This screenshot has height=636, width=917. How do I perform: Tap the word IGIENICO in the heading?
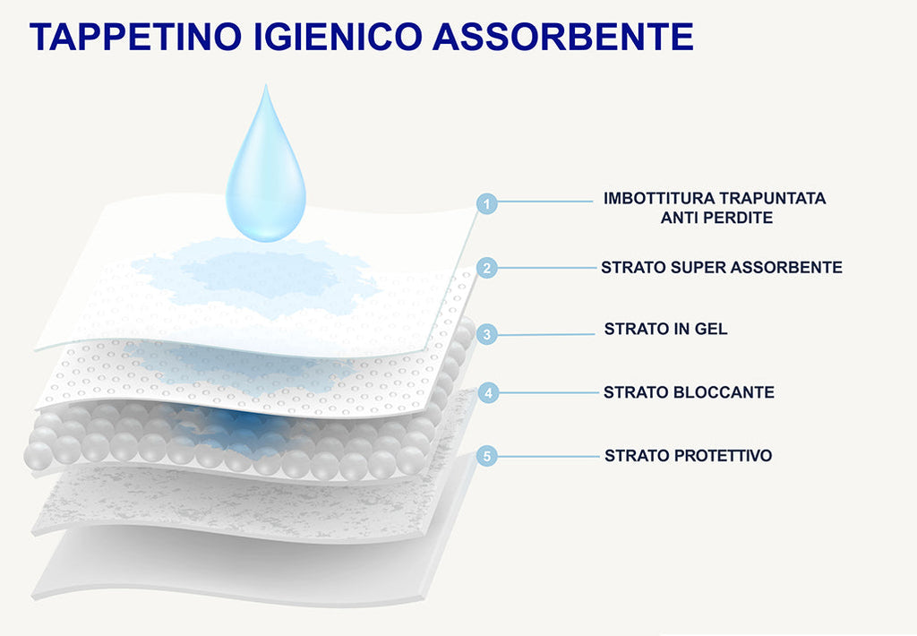pos(338,36)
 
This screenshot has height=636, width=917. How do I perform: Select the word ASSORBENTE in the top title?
pos(563,36)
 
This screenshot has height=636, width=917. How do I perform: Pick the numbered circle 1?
pos(486,204)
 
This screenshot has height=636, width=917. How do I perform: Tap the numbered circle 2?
pos(486,269)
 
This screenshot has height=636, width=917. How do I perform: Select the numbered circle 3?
pos(486,335)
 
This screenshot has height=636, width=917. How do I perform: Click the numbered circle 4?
pos(488,392)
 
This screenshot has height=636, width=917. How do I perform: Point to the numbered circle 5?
pos(486,456)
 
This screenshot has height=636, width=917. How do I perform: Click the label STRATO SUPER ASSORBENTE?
pos(722,268)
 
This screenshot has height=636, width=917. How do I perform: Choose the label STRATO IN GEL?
pos(665,329)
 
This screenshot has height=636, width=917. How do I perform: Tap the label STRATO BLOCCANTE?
pos(689,392)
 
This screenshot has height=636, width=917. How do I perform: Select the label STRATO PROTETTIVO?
pos(689,455)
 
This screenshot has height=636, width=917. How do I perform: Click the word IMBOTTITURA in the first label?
pos(658,198)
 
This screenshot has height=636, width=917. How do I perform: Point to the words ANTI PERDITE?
pos(717,218)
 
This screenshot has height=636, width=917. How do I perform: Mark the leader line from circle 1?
pos(545,202)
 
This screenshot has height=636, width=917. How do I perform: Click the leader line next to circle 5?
pos(549,456)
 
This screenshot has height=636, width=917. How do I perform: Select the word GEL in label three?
pos(711,329)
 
